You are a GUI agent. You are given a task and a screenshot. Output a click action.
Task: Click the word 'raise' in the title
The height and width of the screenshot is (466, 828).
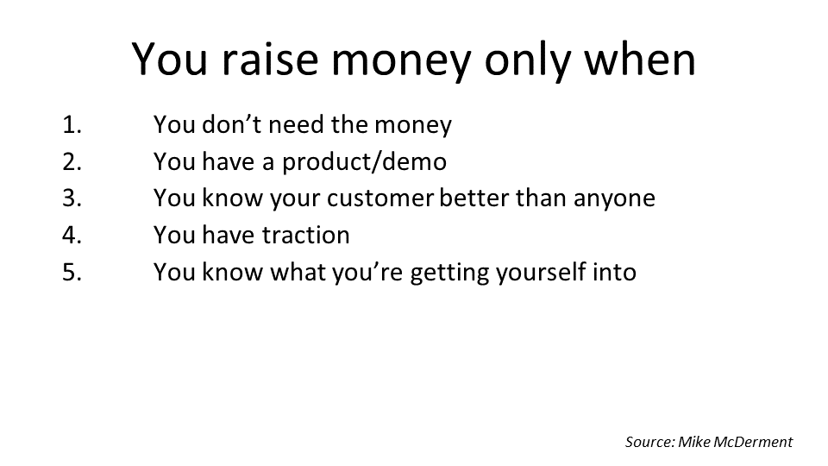[270, 60]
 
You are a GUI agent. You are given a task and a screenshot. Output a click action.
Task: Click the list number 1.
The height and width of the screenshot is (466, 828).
[72, 124]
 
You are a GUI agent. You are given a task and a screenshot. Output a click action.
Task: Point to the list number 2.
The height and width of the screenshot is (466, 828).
[72, 161]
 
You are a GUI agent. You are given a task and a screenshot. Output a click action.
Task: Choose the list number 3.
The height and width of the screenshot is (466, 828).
[72, 198]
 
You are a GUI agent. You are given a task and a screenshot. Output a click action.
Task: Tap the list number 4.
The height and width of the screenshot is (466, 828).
[72, 235]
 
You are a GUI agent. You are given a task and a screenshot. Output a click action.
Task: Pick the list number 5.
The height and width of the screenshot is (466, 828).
[72, 272]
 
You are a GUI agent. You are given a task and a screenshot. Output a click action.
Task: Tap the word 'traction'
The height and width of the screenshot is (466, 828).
[305, 235]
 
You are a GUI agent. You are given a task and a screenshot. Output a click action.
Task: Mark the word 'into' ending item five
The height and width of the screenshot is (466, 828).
[615, 272]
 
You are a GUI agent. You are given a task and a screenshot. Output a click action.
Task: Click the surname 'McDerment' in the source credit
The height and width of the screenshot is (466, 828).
[753, 442]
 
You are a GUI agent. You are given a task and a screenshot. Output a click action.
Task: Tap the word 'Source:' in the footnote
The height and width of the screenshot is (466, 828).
[650, 442]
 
